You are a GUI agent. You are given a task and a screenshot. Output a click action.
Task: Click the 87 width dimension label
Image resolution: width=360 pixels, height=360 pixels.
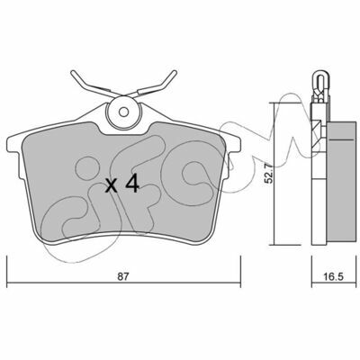point(122,276)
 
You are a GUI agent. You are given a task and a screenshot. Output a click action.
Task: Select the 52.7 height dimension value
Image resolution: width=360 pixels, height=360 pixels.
point(268,173)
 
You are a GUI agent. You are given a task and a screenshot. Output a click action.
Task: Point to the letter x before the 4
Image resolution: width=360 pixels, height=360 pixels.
point(112,186)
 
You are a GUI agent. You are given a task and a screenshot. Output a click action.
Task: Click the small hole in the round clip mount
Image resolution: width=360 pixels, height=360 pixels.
point(123,112)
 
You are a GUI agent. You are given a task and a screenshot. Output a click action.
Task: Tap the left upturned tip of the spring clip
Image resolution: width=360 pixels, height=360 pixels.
point(73,73)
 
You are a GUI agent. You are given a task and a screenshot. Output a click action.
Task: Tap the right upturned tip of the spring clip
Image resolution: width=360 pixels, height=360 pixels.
point(174,73)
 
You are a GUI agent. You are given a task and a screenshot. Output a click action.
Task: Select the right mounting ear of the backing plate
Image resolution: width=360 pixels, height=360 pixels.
point(234,141)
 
